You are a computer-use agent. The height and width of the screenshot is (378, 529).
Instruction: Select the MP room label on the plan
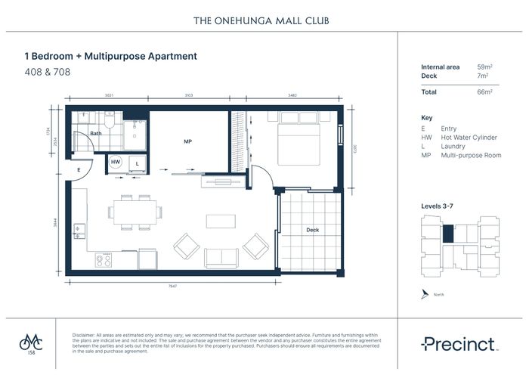pyautogui.click(x=188, y=141)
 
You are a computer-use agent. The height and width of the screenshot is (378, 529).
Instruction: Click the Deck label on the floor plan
pyautogui.click(x=312, y=230)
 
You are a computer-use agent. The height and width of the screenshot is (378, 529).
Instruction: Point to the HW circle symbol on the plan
pyautogui.click(x=116, y=162)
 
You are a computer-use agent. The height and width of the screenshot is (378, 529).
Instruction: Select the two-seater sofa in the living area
pyautogui.click(x=222, y=256)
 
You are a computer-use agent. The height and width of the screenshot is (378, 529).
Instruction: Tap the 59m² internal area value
pyautogui.click(x=484, y=67)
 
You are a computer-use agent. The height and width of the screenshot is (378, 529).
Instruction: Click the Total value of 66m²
pyautogui.click(x=484, y=91)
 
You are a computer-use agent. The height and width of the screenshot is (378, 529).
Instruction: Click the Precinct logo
pyautogui.click(x=458, y=344)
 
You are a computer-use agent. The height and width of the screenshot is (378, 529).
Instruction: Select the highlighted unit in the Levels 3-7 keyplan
pyautogui.click(x=448, y=233)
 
